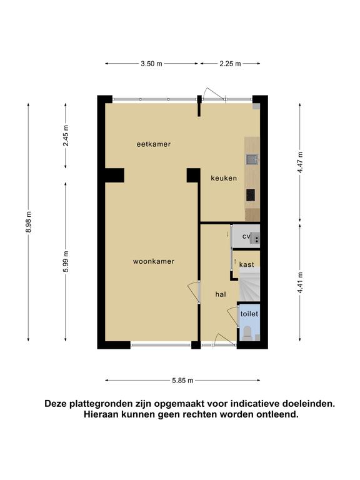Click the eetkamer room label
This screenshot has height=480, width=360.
(x=154, y=144)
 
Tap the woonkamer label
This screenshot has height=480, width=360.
(x=154, y=261)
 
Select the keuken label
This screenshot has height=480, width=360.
(x=224, y=178)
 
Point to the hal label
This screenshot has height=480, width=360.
(x=221, y=294)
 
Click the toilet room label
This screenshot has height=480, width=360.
(x=249, y=314)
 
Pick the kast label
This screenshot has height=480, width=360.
(x=246, y=264)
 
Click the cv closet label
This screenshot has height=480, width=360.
(x=246, y=236)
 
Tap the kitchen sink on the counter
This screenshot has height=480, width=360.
(x=252, y=159)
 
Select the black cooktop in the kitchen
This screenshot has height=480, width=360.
(x=251, y=195)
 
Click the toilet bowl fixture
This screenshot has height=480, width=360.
(x=247, y=333)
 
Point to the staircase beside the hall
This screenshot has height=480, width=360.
(x=249, y=284)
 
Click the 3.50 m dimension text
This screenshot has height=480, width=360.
(x=151, y=64)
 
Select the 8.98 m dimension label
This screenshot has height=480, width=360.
(x=29, y=222)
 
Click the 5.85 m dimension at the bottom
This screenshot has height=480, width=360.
(x=182, y=381)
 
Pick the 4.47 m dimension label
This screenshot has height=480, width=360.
(x=300, y=162)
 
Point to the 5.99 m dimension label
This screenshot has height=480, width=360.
(x=66, y=261)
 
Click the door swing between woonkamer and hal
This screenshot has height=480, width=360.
(x=194, y=292)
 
